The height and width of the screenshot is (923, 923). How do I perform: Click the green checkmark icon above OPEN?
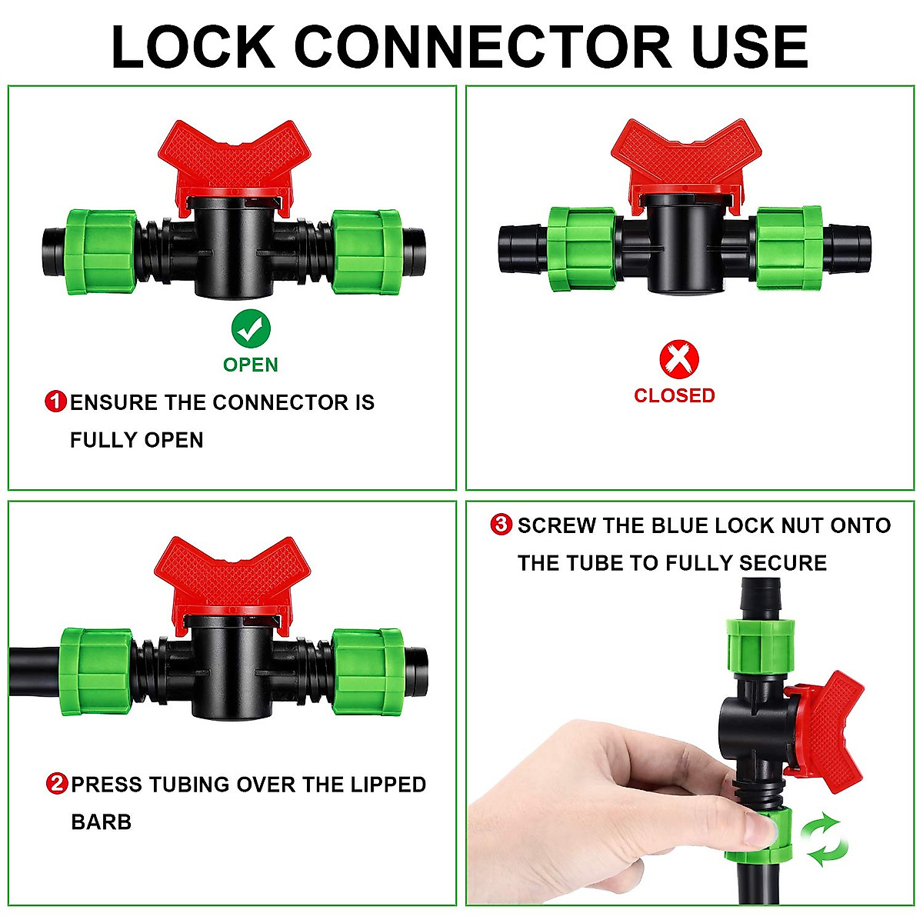(x=251, y=328)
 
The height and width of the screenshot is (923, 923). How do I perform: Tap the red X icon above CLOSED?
(x=679, y=358)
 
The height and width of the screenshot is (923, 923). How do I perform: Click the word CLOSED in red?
(x=674, y=395)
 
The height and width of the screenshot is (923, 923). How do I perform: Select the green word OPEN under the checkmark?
(x=251, y=365)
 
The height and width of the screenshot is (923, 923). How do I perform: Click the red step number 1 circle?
(x=56, y=402)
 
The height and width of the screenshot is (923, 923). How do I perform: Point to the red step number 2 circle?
(x=57, y=785)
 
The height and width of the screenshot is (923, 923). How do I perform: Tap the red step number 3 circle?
(x=501, y=525)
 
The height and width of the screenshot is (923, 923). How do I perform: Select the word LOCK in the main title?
(x=193, y=47)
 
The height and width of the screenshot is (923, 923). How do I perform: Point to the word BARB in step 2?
(x=101, y=822)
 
